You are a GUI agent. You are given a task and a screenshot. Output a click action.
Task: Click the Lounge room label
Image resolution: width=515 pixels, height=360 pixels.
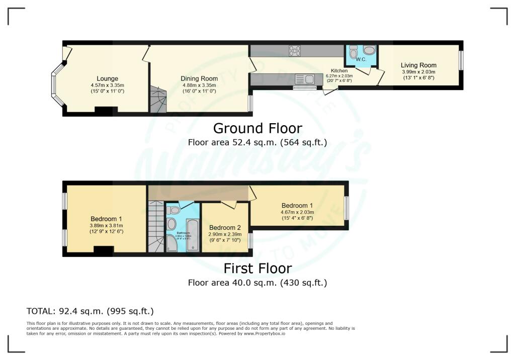[108, 78]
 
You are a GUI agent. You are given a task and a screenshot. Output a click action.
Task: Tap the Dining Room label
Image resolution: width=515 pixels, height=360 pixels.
[199, 78]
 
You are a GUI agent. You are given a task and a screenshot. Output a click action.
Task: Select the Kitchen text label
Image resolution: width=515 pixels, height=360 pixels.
[339, 71]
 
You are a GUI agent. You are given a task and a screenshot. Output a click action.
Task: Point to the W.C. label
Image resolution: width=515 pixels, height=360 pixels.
[361, 60]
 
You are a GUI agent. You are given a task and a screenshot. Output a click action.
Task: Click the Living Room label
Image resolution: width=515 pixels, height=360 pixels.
[418, 65]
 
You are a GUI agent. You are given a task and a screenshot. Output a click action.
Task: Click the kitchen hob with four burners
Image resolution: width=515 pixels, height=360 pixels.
[295, 50]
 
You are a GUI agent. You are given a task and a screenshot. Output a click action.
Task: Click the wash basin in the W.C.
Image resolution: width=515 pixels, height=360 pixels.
[369, 50]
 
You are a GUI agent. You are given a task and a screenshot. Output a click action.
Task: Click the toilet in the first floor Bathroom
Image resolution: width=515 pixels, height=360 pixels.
[174, 210]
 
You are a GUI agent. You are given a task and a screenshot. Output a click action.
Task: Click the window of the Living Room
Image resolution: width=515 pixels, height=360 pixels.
[460, 60]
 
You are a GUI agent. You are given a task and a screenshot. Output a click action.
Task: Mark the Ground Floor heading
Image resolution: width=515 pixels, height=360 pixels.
[257, 128]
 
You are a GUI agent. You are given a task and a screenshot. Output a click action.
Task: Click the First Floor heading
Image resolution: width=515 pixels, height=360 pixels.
[257, 268]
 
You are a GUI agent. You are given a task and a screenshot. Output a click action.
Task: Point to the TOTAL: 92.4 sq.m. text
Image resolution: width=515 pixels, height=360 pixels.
[90, 311]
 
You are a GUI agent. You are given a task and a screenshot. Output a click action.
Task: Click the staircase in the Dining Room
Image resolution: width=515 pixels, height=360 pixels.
[157, 99]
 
